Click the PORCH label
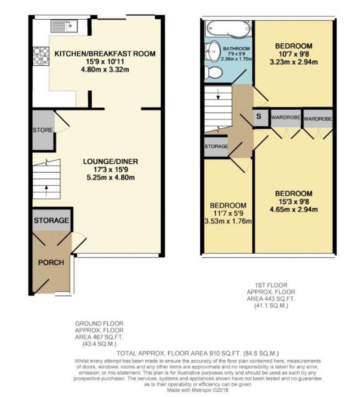tap(51, 263)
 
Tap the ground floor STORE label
tap(42, 130)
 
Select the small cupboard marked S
tap(259, 117)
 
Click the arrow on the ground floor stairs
tap(46, 191)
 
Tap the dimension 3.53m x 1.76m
tap(228, 221)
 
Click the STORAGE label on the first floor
tap(216, 146)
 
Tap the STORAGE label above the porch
tap(51, 221)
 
